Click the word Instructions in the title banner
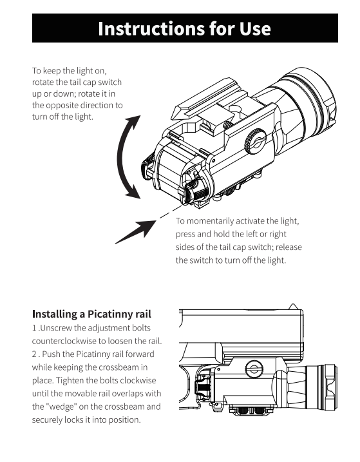click(151, 28)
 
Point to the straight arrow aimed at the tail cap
click(135, 232)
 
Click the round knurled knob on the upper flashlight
click(256, 141)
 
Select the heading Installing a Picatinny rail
click(91, 314)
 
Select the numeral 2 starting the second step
click(34, 354)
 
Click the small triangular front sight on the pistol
click(292, 307)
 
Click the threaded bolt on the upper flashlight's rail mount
click(228, 124)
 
